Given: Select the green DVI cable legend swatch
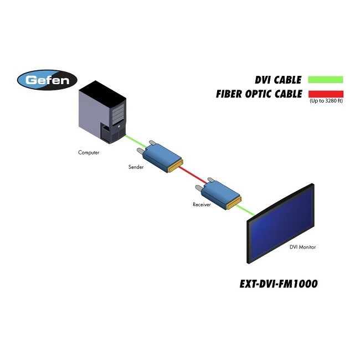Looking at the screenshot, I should (326, 80).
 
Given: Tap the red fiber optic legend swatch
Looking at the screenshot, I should (326, 94).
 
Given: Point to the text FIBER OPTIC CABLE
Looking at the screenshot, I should (259, 94).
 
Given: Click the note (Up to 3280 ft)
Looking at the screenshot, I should (326, 101).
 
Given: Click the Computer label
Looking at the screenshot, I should (89, 152).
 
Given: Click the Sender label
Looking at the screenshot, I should (136, 167).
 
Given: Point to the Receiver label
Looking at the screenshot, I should (202, 204).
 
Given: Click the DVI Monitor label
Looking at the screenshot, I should (302, 247).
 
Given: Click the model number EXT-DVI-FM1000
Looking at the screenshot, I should (278, 284).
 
